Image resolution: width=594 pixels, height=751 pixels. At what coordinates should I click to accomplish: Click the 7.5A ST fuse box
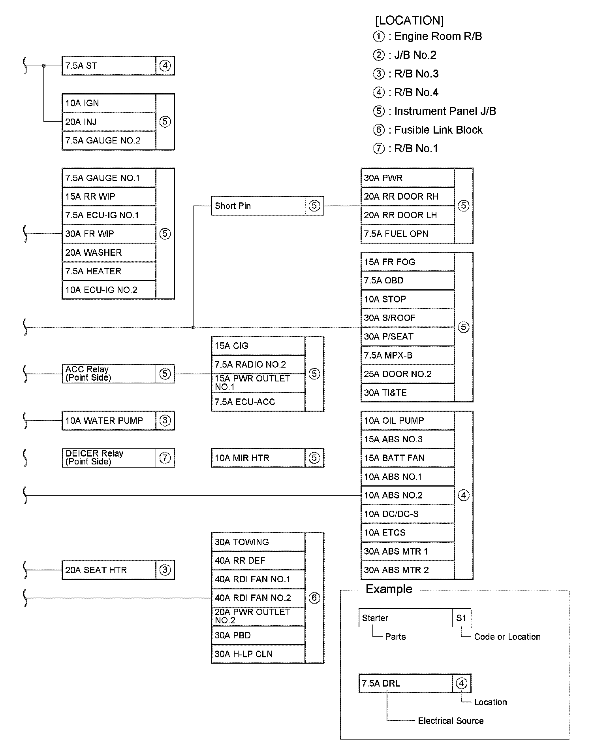(x=109, y=66)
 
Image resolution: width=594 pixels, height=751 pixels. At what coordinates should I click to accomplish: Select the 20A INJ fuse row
(x=109, y=122)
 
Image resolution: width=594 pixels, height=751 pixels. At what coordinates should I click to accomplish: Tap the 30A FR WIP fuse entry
(x=109, y=234)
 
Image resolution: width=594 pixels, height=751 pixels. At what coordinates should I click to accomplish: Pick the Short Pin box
(x=258, y=206)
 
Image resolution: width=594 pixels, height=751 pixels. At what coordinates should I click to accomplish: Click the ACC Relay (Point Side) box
(x=109, y=374)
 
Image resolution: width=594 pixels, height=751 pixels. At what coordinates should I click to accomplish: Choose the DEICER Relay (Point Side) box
(x=109, y=458)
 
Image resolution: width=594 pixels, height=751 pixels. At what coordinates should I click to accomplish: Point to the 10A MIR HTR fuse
(x=258, y=458)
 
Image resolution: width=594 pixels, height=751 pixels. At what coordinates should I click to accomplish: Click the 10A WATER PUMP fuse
(x=109, y=421)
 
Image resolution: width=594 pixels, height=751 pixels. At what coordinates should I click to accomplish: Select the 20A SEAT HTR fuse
(x=109, y=570)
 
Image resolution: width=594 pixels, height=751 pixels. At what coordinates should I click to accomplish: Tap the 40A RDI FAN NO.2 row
(x=258, y=598)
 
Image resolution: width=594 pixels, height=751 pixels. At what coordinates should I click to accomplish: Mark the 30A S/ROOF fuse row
(x=407, y=318)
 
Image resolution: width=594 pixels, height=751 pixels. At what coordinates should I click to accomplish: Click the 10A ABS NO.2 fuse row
(x=407, y=495)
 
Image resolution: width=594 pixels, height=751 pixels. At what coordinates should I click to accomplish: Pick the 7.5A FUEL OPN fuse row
(x=407, y=234)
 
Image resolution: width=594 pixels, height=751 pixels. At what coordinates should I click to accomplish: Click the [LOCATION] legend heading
(x=409, y=21)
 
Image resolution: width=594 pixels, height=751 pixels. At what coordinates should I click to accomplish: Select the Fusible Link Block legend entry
(x=438, y=130)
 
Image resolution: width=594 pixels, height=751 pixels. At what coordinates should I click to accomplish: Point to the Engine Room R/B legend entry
(x=438, y=36)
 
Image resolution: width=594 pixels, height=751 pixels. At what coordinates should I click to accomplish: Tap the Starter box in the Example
(x=405, y=618)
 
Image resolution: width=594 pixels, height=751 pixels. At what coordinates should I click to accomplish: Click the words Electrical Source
(x=451, y=721)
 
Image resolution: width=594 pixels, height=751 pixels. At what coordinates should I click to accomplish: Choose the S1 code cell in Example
(x=461, y=618)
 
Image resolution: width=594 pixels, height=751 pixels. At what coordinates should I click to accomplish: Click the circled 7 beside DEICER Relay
(x=165, y=458)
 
